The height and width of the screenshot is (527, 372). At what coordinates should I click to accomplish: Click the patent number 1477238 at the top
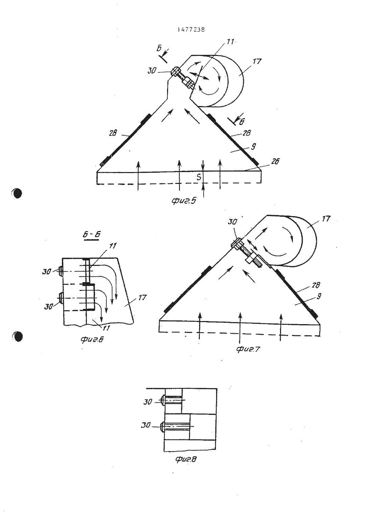[191, 29]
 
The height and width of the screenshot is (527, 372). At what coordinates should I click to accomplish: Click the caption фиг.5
[184, 201]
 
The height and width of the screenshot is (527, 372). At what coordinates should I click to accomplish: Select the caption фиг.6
[92, 340]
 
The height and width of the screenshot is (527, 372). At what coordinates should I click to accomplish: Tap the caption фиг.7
[248, 349]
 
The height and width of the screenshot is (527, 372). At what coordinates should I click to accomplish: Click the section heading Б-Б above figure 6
[92, 235]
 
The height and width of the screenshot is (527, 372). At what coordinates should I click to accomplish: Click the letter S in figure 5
[199, 177]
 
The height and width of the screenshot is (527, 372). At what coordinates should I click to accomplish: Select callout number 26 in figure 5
[275, 162]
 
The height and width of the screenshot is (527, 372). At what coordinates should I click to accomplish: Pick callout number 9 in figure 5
[253, 147]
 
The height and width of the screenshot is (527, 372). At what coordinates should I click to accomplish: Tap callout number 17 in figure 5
[257, 62]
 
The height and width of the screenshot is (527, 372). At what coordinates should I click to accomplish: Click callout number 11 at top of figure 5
[230, 42]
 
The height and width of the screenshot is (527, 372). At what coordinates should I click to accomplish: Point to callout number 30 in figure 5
[152, 71]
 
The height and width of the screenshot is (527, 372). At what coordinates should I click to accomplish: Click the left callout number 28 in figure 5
[113, 133]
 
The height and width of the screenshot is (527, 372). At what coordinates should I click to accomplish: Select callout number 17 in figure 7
[326, 219]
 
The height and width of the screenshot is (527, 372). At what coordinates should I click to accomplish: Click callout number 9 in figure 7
[319, 296]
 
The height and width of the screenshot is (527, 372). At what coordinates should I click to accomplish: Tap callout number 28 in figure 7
[316, 285]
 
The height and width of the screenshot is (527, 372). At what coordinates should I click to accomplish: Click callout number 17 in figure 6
[142, 298]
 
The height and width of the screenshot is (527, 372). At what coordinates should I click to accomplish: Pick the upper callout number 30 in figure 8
[148, 402]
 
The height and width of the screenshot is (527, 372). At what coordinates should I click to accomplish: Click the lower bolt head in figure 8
[162, 425]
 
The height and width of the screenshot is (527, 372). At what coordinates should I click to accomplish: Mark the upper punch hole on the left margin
[17, 193]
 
